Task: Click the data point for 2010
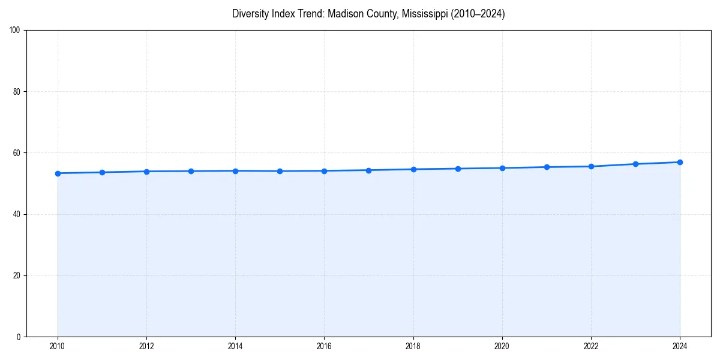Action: coord(58,173)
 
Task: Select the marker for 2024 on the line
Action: coord(680,162)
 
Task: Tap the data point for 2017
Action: coord(368,170)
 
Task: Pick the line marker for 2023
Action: coord(635,164)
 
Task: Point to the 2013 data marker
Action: coord(191,171)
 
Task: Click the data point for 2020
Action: coord(502,168)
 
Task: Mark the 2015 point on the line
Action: coord(280,171)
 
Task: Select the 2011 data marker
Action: coord(102,172)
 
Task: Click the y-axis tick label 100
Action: coord(15,31)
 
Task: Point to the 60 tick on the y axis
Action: coord(17,153)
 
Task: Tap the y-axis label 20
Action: coord(17,275)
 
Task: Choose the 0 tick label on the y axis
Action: coord(19,337)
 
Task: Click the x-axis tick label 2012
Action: coord(146,346)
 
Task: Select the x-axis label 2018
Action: coord(413,346)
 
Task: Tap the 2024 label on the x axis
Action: coord(680,346)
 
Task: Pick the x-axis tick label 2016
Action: coord(324,346)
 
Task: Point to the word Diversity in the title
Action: coord(251,14)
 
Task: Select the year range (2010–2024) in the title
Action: coord(478,14)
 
